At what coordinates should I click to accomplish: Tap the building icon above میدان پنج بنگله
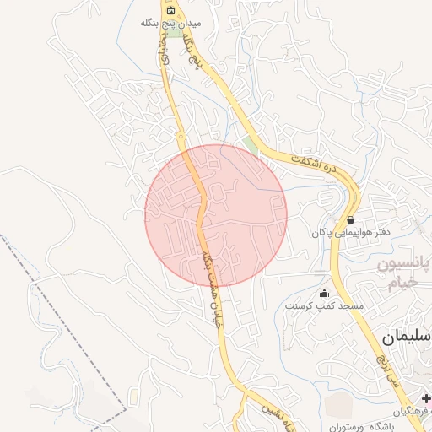171,10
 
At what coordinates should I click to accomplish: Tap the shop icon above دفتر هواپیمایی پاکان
350,219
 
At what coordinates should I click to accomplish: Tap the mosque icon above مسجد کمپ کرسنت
325,293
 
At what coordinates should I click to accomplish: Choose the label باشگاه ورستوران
362,425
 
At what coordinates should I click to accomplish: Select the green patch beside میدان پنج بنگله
174,33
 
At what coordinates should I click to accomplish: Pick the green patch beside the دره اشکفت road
251,145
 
